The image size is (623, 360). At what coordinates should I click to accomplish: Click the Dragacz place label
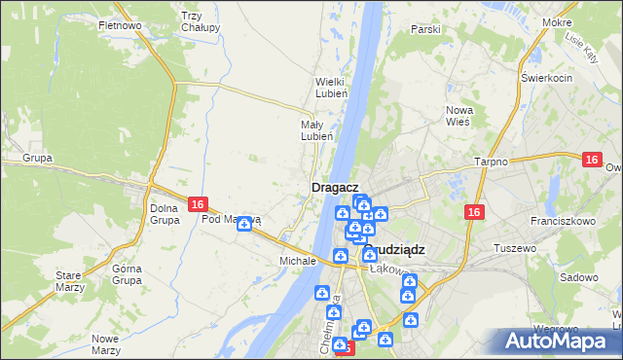point(336,187)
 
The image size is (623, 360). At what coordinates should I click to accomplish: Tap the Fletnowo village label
point(121,24)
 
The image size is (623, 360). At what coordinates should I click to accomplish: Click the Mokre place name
point(584,21)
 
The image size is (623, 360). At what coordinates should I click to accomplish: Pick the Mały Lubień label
point(317,130)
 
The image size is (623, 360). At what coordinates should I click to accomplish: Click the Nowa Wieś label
point(458,116)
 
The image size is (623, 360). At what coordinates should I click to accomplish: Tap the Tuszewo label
point(516,248)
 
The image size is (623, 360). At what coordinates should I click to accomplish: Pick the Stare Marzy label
point(69,282)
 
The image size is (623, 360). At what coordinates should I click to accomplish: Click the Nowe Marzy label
point(105,344)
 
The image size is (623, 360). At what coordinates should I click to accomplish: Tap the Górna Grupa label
point(128,274)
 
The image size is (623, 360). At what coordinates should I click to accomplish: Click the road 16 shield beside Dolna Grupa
point(198,204)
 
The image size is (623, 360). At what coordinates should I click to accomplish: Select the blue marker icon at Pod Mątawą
point(244,224)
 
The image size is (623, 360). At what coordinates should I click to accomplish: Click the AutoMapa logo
point(558,342)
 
